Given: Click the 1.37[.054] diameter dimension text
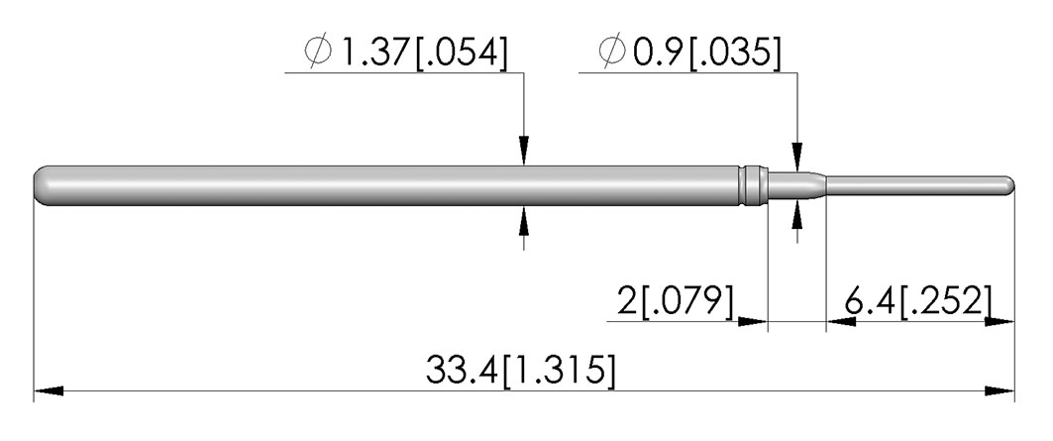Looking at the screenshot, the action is [424, 53].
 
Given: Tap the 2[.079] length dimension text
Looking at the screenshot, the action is [676, 302].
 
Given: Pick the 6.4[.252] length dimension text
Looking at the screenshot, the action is [917, 302].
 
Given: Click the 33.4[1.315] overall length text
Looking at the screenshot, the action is [520, 371].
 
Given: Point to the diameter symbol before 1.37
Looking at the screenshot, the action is [318, 53].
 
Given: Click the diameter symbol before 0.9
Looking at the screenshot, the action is [612, 53].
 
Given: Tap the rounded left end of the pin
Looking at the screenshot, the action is [42, 186].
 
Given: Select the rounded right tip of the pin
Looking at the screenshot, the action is [1008, 186].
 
